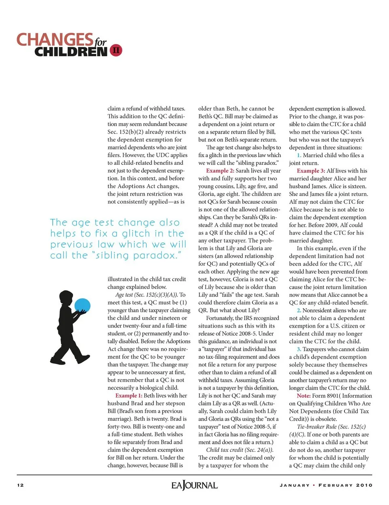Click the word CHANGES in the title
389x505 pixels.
55,39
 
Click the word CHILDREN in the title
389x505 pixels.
71,52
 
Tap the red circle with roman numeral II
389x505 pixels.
116,50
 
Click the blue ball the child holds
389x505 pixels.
82,306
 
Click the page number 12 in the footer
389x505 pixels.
20,485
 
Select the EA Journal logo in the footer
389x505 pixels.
194,485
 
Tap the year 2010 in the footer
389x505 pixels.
364,485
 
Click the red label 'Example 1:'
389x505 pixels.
128,396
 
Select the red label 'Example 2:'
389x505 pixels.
220,171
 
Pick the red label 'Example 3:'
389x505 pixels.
311,171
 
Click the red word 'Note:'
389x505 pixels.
304,396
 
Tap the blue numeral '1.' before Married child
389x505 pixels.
299,155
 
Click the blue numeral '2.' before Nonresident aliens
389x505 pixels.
299,311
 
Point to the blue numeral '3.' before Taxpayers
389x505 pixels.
299,349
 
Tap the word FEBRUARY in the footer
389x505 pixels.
336,485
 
